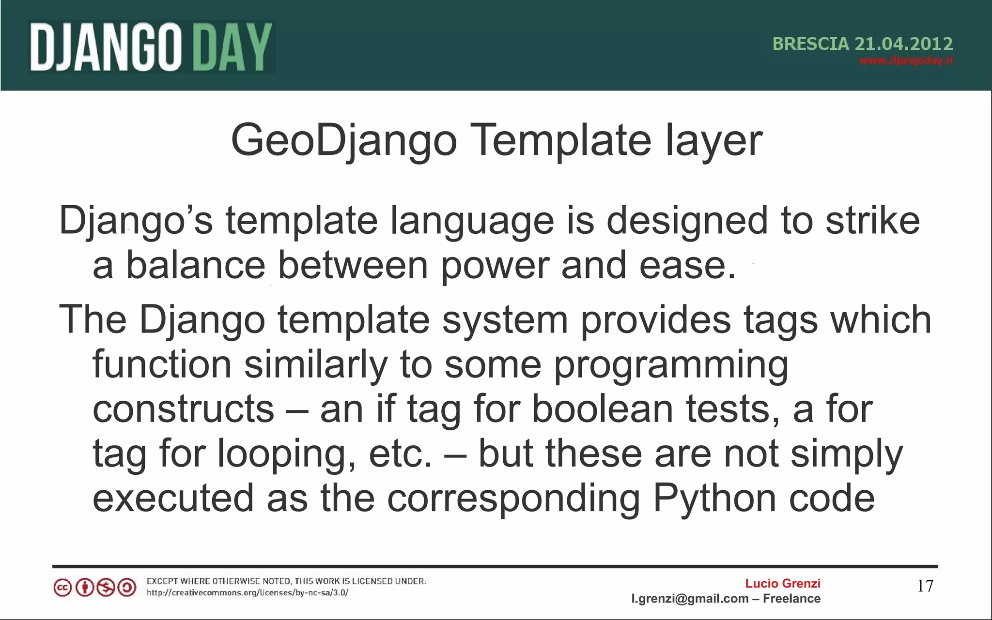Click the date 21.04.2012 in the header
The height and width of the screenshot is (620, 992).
(903, 44)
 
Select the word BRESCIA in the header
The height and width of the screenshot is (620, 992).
(811, 44)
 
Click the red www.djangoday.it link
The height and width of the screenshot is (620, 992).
(906, 61)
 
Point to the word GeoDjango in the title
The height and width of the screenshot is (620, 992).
(344, 140)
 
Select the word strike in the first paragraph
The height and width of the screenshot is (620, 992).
(872, 221)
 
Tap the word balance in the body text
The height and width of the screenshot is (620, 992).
(196, 265)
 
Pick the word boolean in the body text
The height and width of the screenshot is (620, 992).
(603, 409)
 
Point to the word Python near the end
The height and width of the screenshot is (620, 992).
(714, 499)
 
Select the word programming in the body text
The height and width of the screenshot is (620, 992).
(671, 364)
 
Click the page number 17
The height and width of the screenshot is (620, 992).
(925, 586)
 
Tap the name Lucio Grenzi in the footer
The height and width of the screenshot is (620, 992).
(783, 583)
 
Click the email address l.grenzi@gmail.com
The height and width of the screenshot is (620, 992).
(690, 599)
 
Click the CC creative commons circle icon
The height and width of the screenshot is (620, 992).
(62, 588)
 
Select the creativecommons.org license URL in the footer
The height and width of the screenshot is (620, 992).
(248, 592)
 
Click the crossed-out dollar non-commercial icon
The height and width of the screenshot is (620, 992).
(106, 588)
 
